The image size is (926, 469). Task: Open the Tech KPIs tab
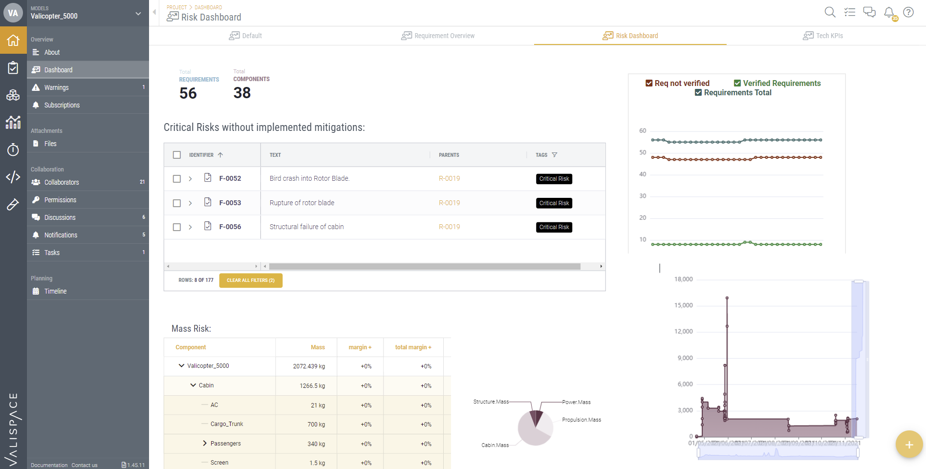(x=823, y=36)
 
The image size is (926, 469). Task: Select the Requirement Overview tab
(x=438, y=36)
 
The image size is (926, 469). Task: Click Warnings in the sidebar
(x=57, y=87)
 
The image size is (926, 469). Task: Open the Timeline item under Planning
(x=55, y=291)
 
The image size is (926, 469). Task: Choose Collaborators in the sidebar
(x=62, y=182)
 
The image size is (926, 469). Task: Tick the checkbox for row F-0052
(x=177, y=179)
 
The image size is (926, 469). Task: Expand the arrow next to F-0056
(x=190, y=227)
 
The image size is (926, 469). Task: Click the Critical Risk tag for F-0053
(x=554, y=203)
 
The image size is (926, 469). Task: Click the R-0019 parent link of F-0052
(x=449, y=179)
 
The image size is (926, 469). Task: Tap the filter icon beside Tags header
(x=554, y=155)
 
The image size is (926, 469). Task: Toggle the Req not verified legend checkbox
(x=649, y=84)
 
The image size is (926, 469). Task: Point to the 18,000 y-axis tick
(x=683, y=279)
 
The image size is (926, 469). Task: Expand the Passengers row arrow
(x=205, y=444)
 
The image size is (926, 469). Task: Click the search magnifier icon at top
(x=830, y=12)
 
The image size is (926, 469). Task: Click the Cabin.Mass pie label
(x=495, y=445)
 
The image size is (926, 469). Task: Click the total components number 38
(x=242, y=93)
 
